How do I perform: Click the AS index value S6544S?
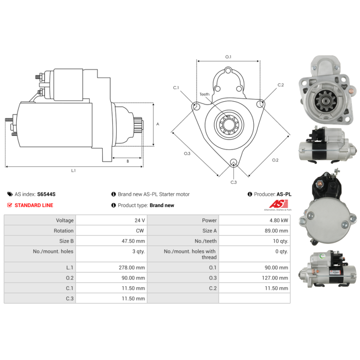point(46,194)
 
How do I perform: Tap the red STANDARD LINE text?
point(34,205)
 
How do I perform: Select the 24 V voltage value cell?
point(139,220)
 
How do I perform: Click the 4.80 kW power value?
point(279,220)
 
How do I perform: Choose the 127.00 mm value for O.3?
point(274,278)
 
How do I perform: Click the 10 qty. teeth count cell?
point(279,241)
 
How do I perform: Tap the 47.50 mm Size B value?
point(133,241)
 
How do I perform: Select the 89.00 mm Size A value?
point(277,231)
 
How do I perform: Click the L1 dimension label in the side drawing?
point(73,171)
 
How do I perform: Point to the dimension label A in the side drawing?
point(157,124)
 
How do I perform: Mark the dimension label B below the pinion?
point(127,161)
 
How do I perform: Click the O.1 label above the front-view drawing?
point(228,57)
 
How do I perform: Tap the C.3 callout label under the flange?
point(234,182)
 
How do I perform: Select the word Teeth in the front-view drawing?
point(205,94)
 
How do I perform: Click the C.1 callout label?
point(176,87)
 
